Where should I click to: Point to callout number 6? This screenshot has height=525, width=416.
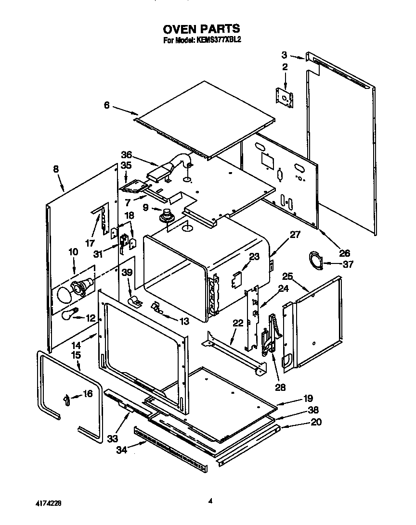tap(107, 105)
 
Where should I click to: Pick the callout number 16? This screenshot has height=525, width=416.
tap(87, 394)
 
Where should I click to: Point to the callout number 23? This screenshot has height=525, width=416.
tap(254, 257)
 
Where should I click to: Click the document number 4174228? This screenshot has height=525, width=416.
tap(48, 503)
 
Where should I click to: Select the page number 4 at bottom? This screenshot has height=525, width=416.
tap(210, 500)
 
